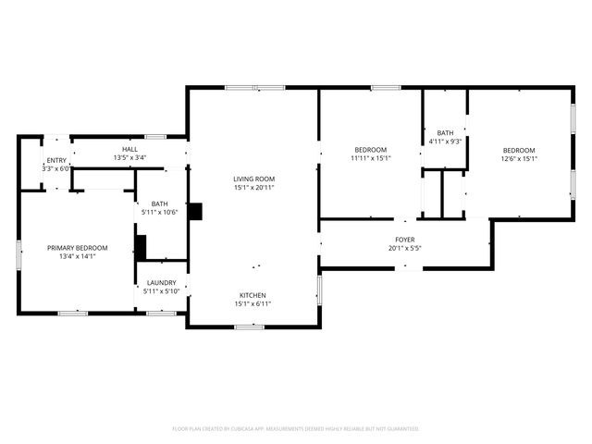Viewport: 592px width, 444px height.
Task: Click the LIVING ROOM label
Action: tap(253, 178)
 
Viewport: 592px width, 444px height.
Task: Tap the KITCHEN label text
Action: tap(253, 295)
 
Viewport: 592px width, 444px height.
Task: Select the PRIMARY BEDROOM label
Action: tap(78, 247)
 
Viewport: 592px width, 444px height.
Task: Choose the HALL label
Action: tap(129, 150)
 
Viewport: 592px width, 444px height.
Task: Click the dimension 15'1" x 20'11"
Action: tap(253, 187)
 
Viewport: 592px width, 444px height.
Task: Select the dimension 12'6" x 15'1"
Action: tap(519, 158)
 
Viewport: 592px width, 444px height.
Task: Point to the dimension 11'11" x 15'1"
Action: tap(371, 158)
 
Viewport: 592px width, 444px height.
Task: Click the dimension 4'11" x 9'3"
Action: tap(444, 141)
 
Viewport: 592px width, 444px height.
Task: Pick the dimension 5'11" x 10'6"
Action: tap(160, 212)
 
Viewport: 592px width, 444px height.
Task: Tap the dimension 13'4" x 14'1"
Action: tap(78, 256)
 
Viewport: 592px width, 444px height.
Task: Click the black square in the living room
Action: tap(195, 211)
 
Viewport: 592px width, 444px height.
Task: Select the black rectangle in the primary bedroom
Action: tap(141, 247)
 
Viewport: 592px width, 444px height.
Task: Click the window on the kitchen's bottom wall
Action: tap(249, 327)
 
